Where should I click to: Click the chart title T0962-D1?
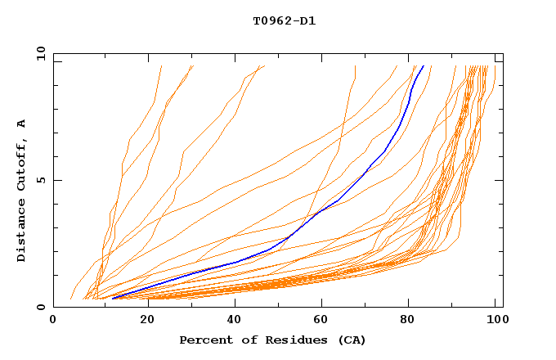[x=284, y=20]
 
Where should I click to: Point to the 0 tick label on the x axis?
[x=53, y=322]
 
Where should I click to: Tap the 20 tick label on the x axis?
[x=142, y=322]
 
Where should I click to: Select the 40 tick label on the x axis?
[x=231, y=322]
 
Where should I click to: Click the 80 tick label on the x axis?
[x=409, y=322]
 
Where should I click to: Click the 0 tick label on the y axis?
[x=41, y=307]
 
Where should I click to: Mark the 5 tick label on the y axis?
[x=41, y=180]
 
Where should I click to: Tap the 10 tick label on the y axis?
[x=38, y=53]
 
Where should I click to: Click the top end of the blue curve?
[x=424, y=66]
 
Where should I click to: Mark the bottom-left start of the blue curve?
[x=113, y=299]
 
